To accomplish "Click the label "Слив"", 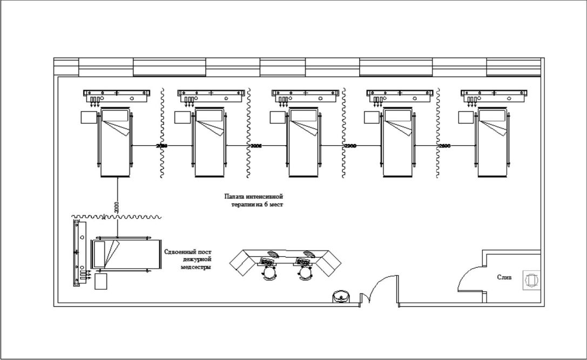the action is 504,277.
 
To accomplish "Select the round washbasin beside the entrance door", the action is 341,296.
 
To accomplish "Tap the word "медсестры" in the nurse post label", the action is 195,267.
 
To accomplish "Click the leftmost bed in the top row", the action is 116,142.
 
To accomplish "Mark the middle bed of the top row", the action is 304,142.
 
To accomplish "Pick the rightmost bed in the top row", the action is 493,142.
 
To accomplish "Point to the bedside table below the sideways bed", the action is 100,281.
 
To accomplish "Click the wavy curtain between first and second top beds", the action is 161,132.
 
